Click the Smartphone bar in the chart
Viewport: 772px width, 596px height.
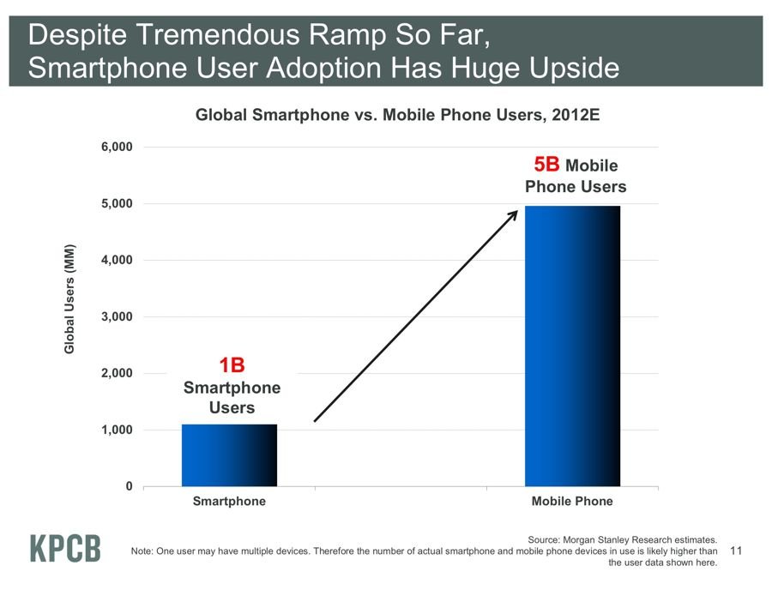229,455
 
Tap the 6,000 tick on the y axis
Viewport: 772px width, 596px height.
117,147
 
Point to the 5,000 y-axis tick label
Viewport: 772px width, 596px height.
117,204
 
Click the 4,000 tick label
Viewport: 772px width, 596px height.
117,261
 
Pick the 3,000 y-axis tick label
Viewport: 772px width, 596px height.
117,317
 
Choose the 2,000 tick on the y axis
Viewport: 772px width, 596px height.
117,374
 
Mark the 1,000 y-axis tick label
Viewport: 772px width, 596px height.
117,430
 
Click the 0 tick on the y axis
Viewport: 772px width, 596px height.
129,487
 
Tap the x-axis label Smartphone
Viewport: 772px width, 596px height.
229,502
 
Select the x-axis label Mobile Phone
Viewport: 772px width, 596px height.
572,502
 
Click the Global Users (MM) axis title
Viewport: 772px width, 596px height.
70,299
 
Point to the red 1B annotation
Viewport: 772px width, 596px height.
232,366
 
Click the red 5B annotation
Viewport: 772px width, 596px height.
547,165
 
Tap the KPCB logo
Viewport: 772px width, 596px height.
65,549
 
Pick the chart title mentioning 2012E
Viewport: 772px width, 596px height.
391,115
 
